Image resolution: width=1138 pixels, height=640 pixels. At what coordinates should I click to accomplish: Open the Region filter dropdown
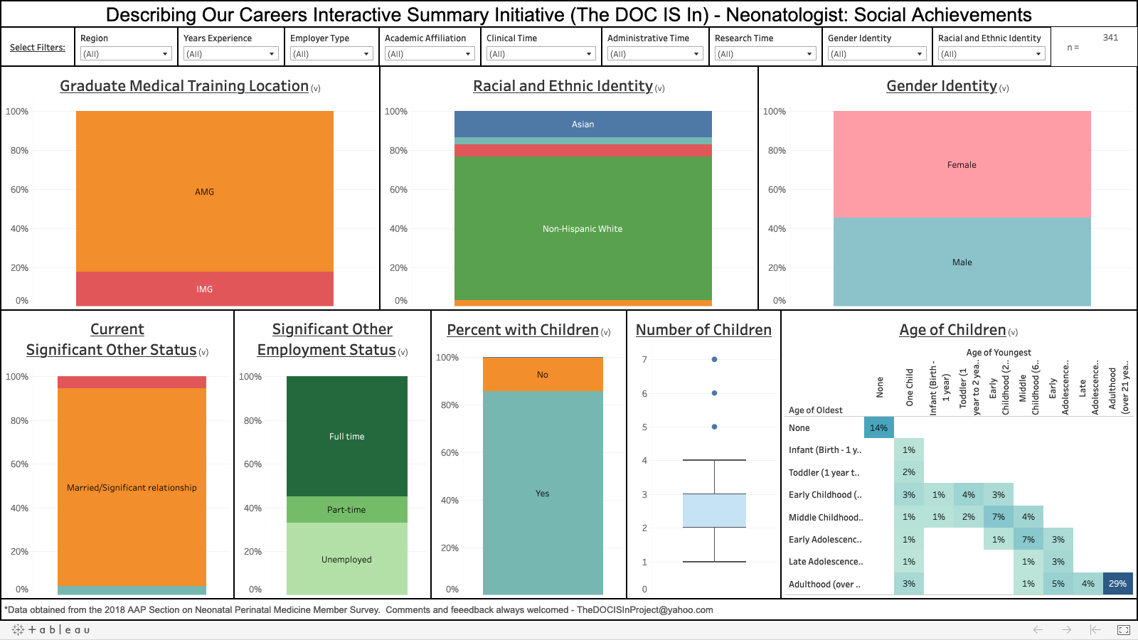pos(125,54)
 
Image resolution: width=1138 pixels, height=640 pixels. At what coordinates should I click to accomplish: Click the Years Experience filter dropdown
pos(230,54)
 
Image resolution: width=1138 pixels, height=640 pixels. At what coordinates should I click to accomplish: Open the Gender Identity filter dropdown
pos(876,54)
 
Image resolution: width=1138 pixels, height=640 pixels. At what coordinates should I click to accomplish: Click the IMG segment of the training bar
pos(205,289)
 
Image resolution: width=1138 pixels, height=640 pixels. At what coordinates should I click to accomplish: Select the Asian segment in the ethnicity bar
pos(583,124)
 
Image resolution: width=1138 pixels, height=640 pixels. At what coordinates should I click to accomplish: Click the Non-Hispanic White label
pos(583,229)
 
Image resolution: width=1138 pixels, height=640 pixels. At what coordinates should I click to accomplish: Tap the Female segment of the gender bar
pos(962,165)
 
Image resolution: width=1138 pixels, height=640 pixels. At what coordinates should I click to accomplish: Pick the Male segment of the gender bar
pos(962,262)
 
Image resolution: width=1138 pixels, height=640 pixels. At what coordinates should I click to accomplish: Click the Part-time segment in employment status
pos(346,510)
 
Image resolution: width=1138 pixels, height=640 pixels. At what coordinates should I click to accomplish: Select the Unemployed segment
pos(346,560)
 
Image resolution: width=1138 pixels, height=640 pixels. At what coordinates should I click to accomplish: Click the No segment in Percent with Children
pos(543,375)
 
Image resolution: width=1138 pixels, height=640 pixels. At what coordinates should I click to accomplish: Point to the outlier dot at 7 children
pos(714,359)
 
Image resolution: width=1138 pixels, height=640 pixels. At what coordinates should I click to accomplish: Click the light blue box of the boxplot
pos(714,511)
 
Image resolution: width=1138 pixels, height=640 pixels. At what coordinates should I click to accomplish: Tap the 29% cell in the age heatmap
pos(1117,584)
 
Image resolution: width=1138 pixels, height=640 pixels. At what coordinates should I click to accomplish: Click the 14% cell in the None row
pos(878,428)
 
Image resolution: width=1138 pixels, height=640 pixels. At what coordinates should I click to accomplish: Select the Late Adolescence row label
pos(826,562)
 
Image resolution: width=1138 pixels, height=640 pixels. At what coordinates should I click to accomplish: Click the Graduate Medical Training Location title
pos(184,86)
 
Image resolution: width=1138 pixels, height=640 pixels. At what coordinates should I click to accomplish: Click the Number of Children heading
pos(703,330)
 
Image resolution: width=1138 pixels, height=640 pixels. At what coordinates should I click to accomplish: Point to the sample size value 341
pos(1110,38)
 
